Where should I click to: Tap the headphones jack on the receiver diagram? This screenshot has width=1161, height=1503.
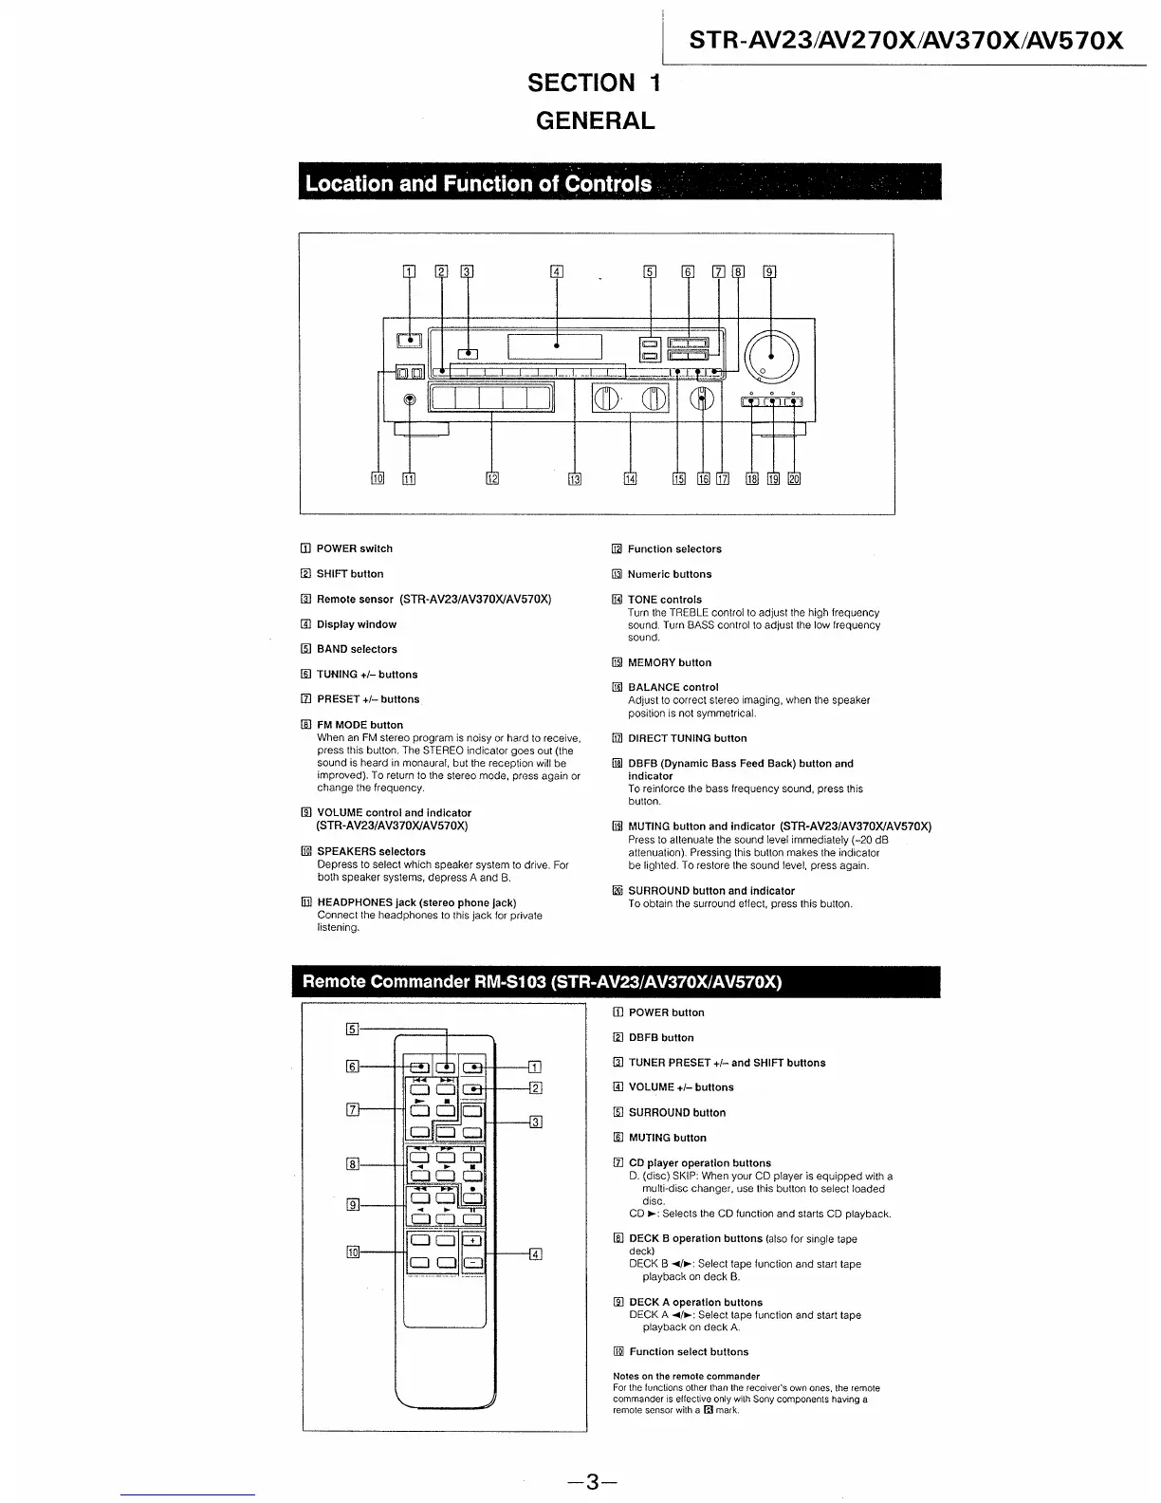pyautogui.click(x=409, y=399)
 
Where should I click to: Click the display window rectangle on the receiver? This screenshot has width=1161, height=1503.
pyautogui.click(x=556, y=346)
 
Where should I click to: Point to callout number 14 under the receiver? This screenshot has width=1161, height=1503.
pyautogui.click(x=631, y=478)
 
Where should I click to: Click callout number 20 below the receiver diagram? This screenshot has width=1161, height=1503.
pyautogui.click(x=794, y=478)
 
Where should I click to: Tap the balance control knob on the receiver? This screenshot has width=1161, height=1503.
pyautogui.click(x=702, y=399)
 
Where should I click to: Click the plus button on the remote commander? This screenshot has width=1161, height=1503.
pyautogui.click(x=471, y=1240)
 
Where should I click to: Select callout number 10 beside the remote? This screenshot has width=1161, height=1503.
pyautogui.click(x=353, y=1252)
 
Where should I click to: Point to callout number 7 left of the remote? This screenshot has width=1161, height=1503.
pyautogui.click(x=353, y=1108)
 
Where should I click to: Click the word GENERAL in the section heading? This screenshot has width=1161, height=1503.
pyautogui.click(x=595, y=121)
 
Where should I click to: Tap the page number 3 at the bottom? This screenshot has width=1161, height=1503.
pyautogui.click(x=591, y=1481)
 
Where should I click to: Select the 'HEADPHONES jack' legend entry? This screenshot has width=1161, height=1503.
pyautogui.click(x=415, y=902)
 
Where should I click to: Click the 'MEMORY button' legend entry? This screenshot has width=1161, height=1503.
pyautogui.click(x=669, y=662)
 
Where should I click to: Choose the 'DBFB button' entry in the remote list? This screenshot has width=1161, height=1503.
pyautogui.click(x=660, y=1038)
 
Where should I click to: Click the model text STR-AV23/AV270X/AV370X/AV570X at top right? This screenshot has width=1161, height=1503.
pyautogui.click(x=905, y=41)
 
